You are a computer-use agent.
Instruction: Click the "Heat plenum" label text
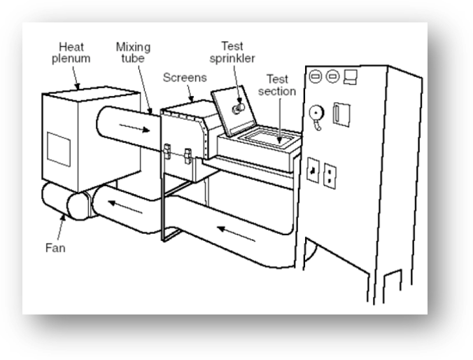click(x=71, y=53)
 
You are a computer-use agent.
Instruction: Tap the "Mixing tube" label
click(x=133, y=53)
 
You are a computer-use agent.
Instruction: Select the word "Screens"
click(x=185, y=78)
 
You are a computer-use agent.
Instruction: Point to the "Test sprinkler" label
click(x=232, y=53)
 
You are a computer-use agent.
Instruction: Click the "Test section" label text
click(x=277, y=85)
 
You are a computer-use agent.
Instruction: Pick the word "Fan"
click(x=55, y=248)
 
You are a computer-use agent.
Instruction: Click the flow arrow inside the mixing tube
click(x=134, y=128)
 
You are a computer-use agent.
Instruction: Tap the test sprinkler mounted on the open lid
click(x=239, y=108)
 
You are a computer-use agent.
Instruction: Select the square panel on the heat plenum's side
click(x=59, y=149)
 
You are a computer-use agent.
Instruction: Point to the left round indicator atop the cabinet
click(x=316, y=76)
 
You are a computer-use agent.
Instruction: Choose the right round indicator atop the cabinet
click(x=333, y=76)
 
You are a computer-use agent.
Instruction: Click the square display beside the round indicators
click(x=351, y=77)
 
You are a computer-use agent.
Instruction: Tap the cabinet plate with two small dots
click(x=330, y=176)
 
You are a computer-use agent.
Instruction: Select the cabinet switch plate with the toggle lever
click(x=313, y=170)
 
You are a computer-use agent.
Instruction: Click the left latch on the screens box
click(x=167, y=151)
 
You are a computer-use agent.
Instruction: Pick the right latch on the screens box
click(x=188, y=156)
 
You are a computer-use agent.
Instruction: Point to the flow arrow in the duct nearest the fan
click(x=125, y=207)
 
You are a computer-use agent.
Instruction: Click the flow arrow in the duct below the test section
click(x=236, y=234)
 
